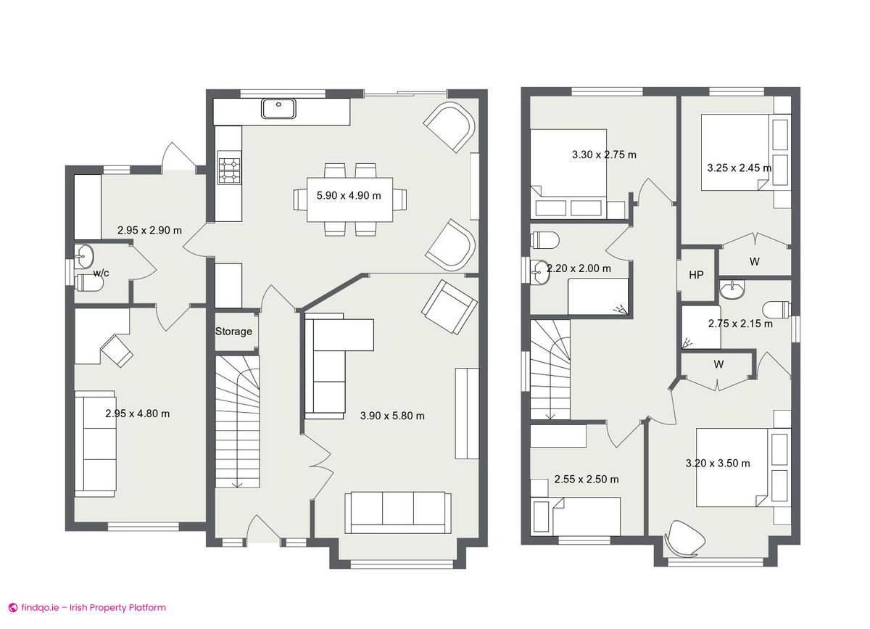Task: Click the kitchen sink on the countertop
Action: pos(278,109)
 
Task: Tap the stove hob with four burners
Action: pos(230,170)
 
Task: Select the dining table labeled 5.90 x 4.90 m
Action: pos(349,199)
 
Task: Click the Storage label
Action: pos(233,332)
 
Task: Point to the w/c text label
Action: pos(101,273)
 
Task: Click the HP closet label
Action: pos(696,275)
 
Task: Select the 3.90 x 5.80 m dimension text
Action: pos(392,416)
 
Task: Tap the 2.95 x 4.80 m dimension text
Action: pos(138,414)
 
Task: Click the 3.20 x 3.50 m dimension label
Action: pos(718,463)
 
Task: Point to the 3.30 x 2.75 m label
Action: pos(604,155)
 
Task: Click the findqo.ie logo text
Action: pos(87,608)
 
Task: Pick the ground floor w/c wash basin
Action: pos(83,255)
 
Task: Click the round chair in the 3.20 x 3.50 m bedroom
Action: pos(684,537)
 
